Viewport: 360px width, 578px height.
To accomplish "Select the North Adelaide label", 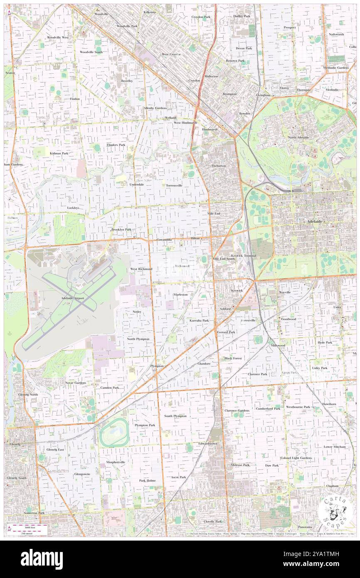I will point(298,137).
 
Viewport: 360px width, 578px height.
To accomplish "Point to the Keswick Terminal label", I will point(244,255).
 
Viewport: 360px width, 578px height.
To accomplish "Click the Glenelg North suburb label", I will point(28,394).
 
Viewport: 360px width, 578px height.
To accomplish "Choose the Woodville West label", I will point(57,37).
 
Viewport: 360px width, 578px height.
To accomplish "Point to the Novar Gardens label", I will point(75,382).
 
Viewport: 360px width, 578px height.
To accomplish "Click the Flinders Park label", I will point(116,145).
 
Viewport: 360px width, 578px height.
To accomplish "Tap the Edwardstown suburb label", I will point(208,443).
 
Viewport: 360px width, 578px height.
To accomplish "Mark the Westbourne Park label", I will point(298,407).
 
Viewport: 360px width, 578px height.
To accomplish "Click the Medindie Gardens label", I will point(336,67).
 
